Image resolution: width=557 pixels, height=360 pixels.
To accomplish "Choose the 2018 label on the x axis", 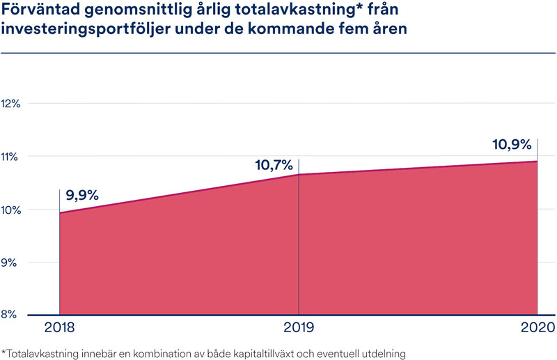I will (x=59, y=328).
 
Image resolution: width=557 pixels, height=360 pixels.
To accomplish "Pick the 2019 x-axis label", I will (x=299, y=328).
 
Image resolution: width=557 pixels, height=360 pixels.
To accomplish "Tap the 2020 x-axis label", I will (x=537, y=328).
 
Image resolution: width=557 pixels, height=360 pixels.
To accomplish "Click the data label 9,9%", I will (x=83, y=196).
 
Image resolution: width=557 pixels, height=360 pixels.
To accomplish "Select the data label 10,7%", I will (x=274, y=166).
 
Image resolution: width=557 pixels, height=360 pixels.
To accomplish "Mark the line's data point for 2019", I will (x=299, y=174).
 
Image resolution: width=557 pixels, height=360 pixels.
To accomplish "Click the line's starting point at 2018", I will (x=60, y=212).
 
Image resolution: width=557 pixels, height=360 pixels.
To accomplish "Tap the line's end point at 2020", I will (x=537, y=162).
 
